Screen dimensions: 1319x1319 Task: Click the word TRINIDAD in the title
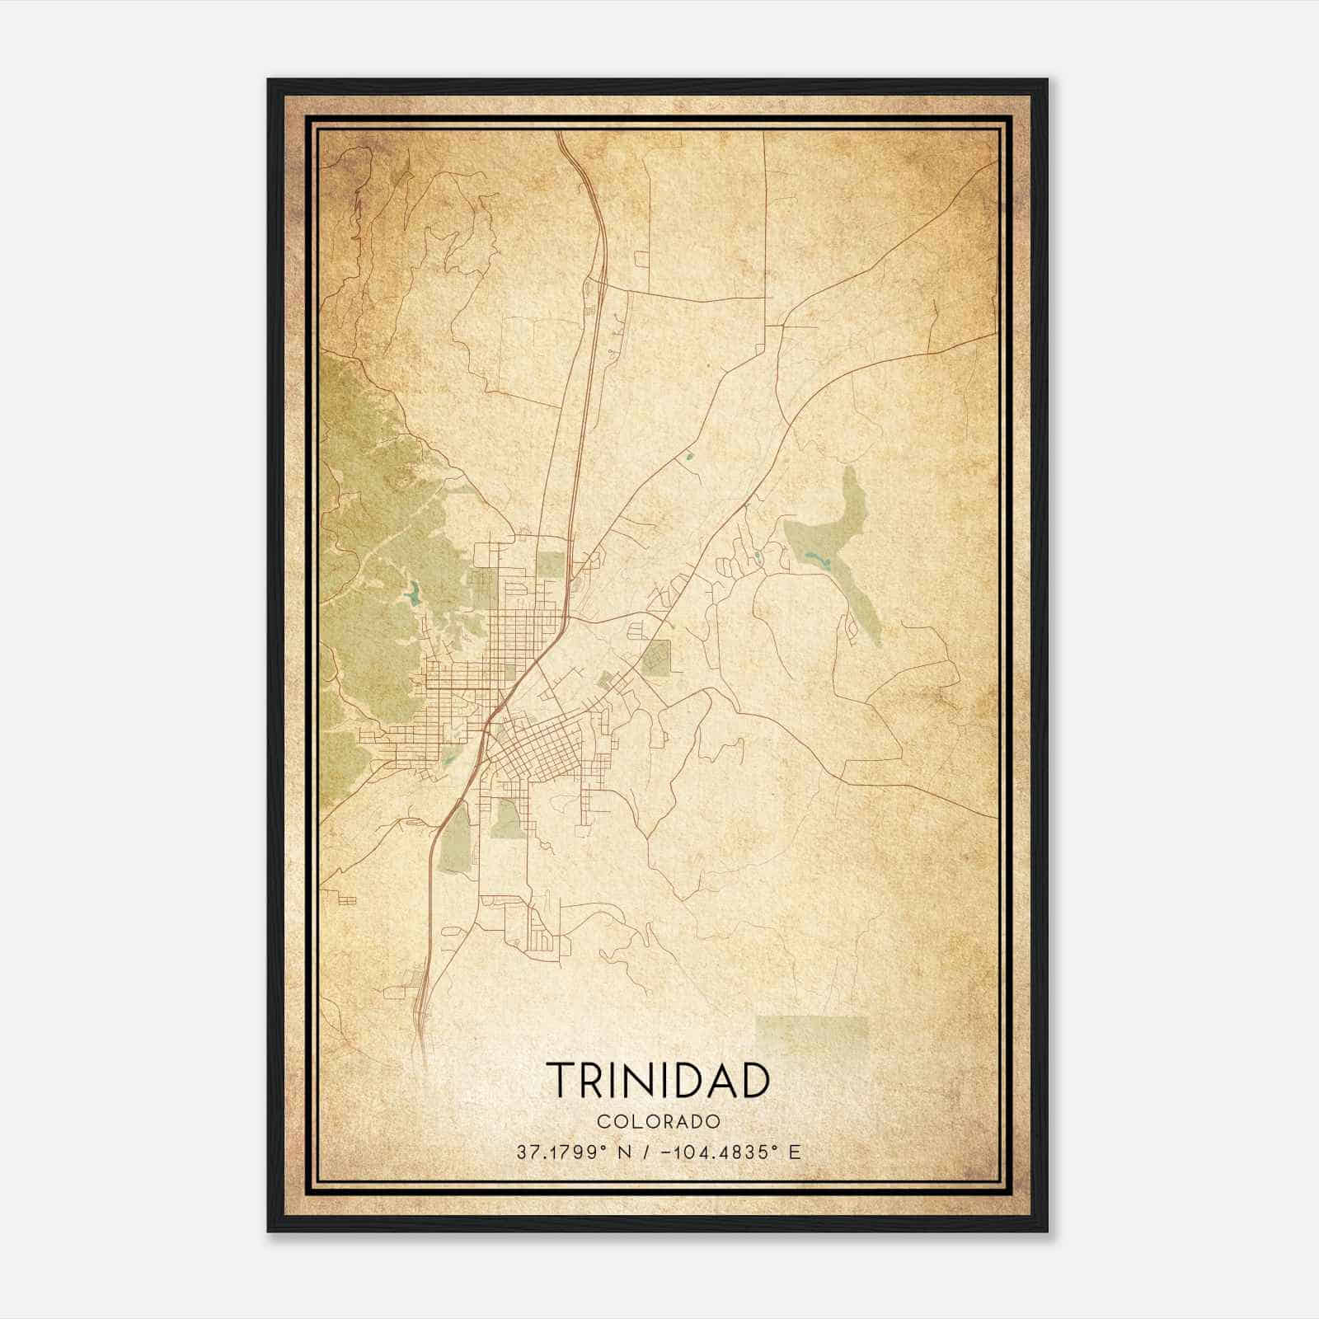[658, 1081]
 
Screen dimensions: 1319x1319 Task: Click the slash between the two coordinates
[646, 1152]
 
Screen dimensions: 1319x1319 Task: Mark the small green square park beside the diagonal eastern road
[657, 658]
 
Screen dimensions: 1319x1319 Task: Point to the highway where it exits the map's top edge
[561, 134]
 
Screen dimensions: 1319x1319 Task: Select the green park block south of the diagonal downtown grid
[506, 819]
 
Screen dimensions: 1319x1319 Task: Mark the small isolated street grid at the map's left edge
[346, 900]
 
